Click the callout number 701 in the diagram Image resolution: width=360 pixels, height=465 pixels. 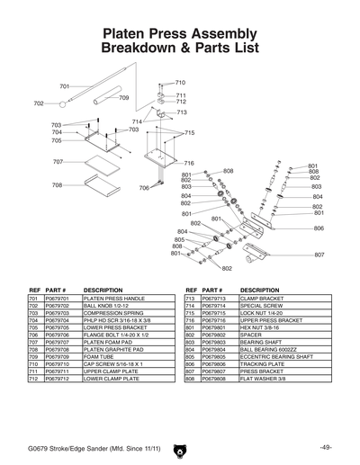point(64,86)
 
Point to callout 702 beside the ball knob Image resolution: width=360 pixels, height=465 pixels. point(39,103)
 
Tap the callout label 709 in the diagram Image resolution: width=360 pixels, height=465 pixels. point(123,97)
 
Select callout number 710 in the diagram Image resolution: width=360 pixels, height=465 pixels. point(180,82)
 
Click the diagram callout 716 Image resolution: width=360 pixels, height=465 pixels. point(189,163)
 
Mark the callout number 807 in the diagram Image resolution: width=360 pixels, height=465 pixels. point(319,255)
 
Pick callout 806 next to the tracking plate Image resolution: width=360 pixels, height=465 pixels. point(319,228)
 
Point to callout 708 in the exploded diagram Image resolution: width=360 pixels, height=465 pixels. point(57,184)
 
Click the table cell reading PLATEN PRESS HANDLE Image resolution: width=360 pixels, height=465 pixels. point(114,298)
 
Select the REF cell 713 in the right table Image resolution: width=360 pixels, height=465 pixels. point(190,298)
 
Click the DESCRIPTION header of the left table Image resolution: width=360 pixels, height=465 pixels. point(102,290)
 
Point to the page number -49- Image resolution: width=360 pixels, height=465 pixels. point(325,448)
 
